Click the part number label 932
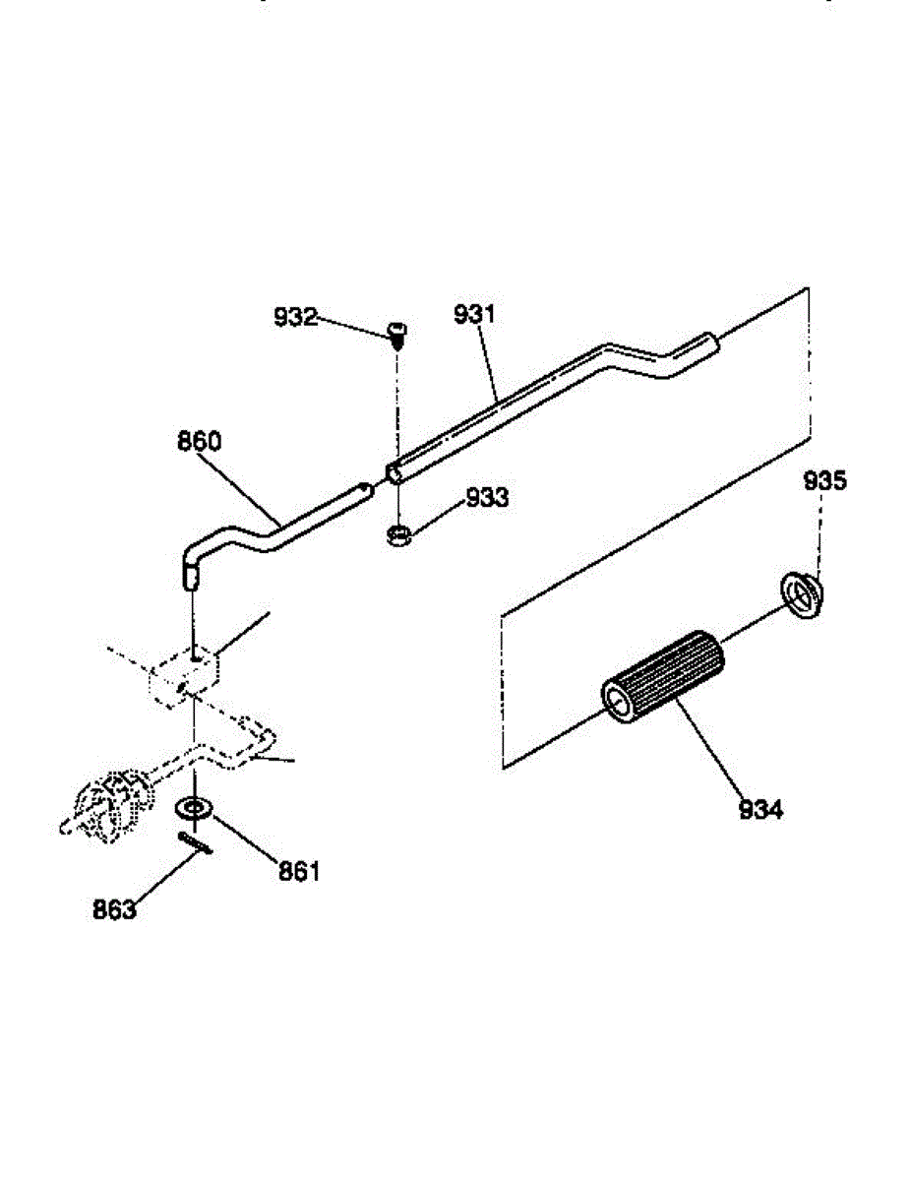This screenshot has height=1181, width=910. [295, 317]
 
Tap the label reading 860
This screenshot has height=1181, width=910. [199, 442]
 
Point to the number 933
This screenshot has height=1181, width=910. [488, 498]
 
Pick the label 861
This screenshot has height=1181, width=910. [299, 871]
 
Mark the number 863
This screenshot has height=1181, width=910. [114, 910]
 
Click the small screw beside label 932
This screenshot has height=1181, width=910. [397, 336]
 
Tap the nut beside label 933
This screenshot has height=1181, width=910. [398, 536]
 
